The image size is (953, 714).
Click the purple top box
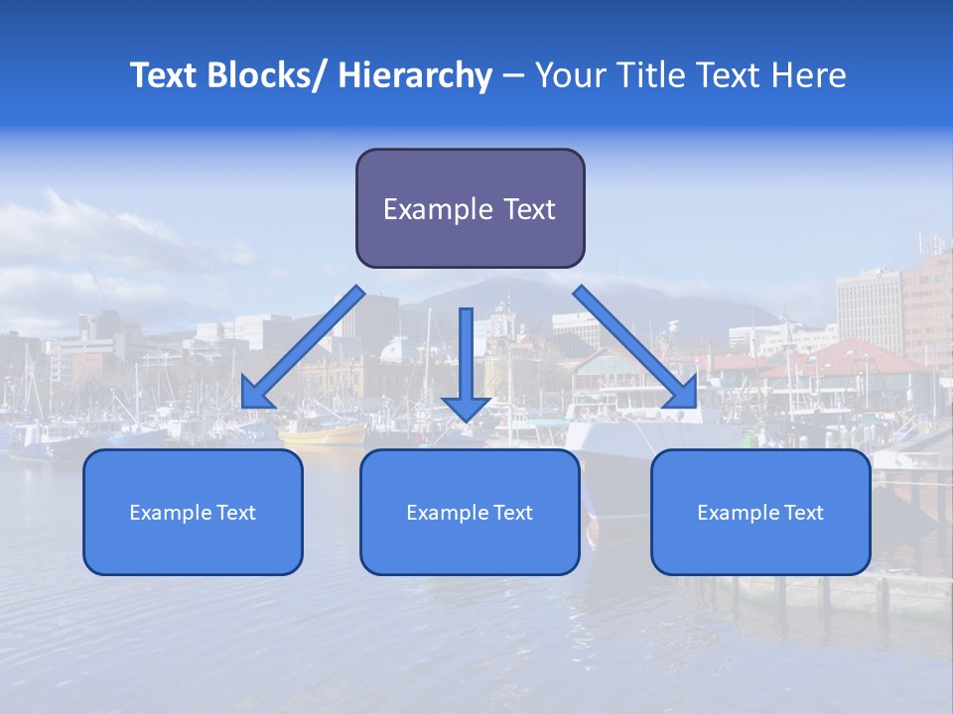pos(470,208)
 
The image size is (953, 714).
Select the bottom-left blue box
pos(193,512)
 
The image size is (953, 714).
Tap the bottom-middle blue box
pos(470,512)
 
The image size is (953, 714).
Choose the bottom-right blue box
pos(760,512)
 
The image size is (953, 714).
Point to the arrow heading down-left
pos(303,347)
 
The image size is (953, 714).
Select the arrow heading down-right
pos(635,347)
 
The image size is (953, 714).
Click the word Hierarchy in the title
pos(415,75)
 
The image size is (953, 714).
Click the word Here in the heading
pos(810,75)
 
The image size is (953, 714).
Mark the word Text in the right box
pos(802,513)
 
